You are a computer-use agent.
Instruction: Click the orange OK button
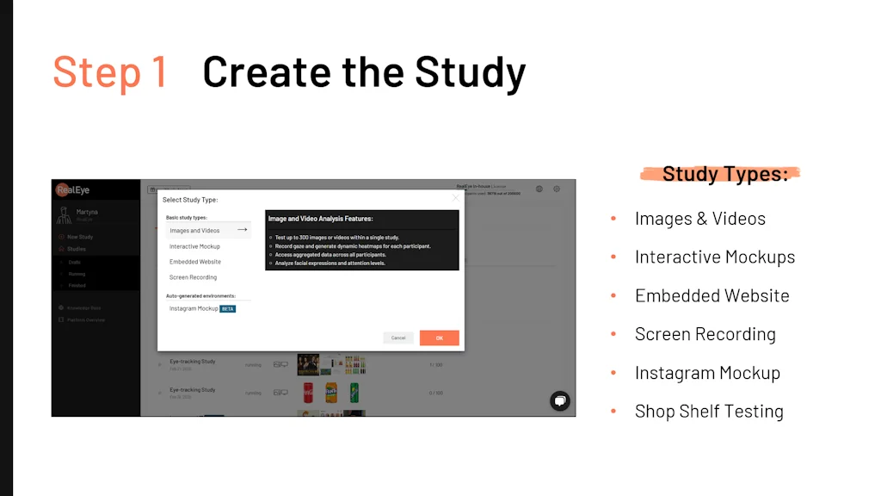click(439, 338)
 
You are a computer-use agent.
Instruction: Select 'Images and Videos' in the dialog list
click(194, 231)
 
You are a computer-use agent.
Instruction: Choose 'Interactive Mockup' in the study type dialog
click(194, 246)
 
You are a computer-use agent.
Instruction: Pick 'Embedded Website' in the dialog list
click(194, 262)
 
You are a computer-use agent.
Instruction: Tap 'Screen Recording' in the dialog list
click(193, 277)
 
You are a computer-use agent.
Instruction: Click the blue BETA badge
click(228, 308)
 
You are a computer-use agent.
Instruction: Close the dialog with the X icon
click(456, 198)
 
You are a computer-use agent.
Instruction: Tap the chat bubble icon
click(560, 400)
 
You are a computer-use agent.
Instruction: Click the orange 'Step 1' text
click(109, 71)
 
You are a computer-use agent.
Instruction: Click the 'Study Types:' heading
click(724, 174)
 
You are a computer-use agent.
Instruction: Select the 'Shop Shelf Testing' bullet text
click(709, 412)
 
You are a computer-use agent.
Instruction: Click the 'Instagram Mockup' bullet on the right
click(707, 373)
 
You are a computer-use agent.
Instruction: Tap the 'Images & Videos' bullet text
click(699, 219)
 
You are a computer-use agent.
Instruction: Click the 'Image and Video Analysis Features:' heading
click(320, 219)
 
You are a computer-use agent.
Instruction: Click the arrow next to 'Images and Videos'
click(242, 230)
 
